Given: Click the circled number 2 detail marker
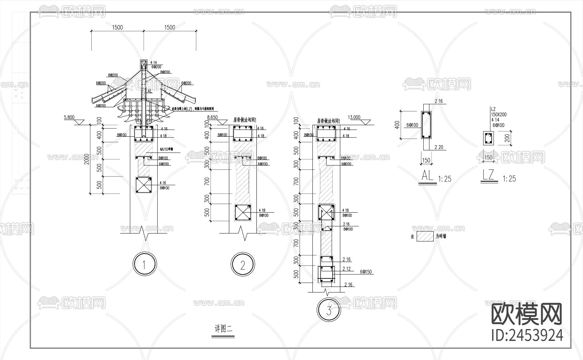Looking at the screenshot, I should coord(243,265).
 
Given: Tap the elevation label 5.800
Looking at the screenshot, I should coord(69,118).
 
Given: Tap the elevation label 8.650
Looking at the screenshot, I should coord(212,117).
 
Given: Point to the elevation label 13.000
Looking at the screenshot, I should coord(354,117).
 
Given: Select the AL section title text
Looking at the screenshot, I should coord(427,176).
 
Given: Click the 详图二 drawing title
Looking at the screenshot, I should coord(223,329).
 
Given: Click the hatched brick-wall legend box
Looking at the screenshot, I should coord(425,236).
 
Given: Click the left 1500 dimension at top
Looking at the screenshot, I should coord(118,28).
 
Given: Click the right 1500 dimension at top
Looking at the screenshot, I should coord(170,28).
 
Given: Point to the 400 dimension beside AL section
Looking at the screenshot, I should coord(397,125).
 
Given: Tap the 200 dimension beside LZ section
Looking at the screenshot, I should coord(508,138).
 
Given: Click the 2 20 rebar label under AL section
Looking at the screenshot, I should coord(439,147).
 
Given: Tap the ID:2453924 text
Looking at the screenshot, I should coord(527,335).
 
